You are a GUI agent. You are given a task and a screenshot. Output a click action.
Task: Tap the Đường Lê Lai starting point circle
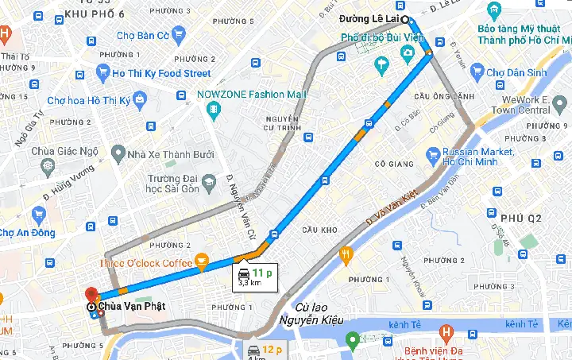point(404,19)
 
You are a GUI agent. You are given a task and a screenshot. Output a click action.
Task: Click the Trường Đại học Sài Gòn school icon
point(208,182)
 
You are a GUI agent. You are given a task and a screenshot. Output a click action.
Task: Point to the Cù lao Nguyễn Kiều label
point(307,313)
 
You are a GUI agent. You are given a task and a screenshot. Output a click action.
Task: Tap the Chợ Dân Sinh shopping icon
point(474,72)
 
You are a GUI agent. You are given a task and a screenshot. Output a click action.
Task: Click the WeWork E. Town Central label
point(535,105)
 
